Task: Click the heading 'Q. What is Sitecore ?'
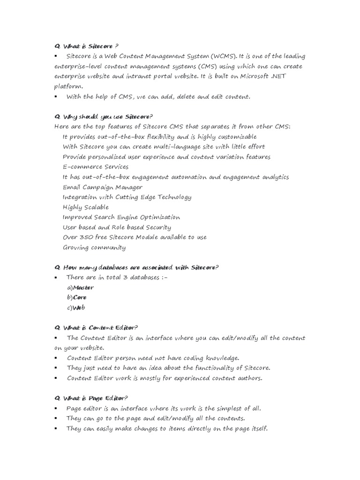coord(86,46)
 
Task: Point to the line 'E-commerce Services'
coord(96,167)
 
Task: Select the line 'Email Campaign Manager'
coord(103,187)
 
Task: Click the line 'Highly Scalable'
coord(85,207)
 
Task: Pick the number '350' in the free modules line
coord(87,237)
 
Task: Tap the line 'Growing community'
coord(94,247)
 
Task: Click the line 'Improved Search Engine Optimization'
coord(121,217)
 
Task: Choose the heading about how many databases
coord(136,268)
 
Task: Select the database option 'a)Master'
coord(80,287)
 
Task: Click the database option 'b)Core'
coord(77,298)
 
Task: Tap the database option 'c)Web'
coord(76,308)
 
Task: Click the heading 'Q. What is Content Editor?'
coord(96,328)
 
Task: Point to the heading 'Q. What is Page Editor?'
coord(91,398)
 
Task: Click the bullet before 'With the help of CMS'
coord(56,97)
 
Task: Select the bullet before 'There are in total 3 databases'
coord(56,278)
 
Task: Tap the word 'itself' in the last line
coord(257,428)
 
